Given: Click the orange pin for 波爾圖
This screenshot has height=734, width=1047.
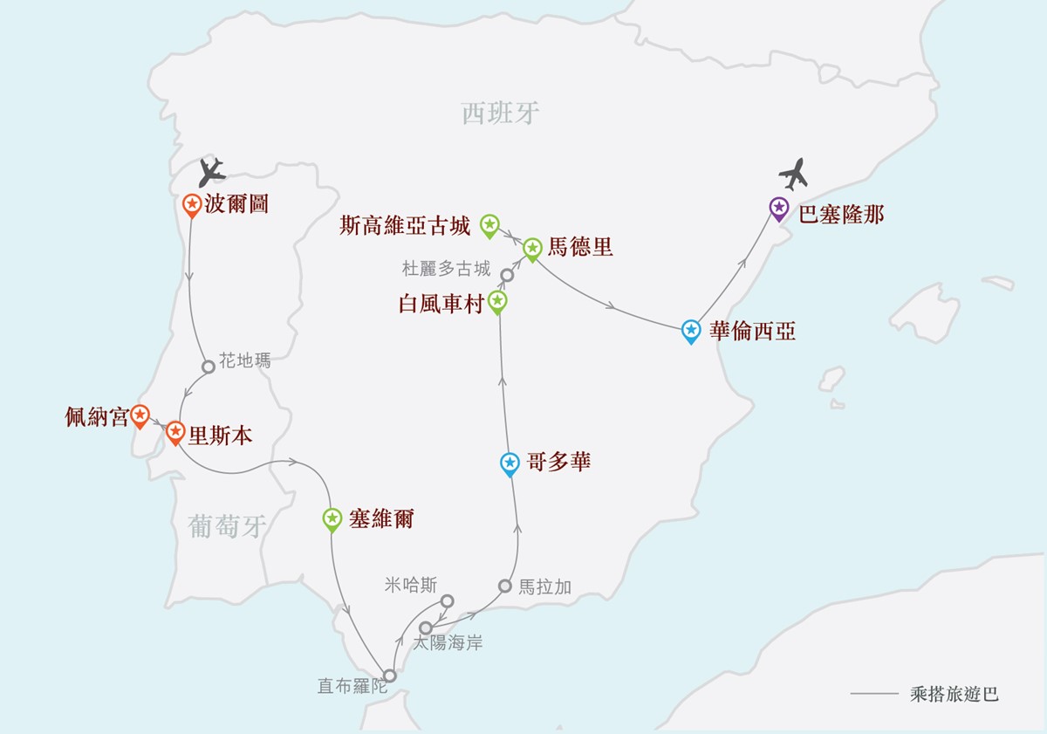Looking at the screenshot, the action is pyautogui.click(x=192, y=205).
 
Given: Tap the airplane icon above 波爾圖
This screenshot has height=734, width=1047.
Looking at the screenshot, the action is pyautogui.click(x=212, y=173).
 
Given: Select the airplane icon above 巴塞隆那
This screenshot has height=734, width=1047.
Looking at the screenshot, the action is pyautogui.click(x=794, y=174).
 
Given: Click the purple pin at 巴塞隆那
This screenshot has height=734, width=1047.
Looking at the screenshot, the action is pyautogui.click(x=779, y=209).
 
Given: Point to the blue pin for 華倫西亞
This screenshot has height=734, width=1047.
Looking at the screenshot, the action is pyautogui.click(x=691, y=332).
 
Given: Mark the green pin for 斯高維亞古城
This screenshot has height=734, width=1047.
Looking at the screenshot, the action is pyautogui.click(x=489, y=226).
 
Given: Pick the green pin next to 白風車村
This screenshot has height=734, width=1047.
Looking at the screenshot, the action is pyautogui.click(x=497, y=302).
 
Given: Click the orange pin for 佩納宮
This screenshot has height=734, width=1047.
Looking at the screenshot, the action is pyautogui.click(x=140, y=416).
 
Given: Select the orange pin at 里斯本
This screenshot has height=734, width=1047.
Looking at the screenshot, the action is pyautogui.click(x=175, y=432).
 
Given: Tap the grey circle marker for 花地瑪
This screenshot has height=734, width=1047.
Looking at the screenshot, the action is pyautogui.click(x=209, y=367).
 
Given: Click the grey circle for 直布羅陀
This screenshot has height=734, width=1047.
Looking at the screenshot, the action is pyautogui.click(x=390, y=676).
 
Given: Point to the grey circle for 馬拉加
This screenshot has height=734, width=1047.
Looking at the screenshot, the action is pyautogui.click(x=505, y=586).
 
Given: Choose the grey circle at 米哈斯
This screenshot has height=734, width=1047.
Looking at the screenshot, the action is pyautogui.click(x=448, y=601).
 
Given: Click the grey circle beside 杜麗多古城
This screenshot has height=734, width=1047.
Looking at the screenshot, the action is pyautogui.click(x=507, y=276).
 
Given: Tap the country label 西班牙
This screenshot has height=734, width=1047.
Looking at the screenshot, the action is pyautogui.click(x=500, y=113).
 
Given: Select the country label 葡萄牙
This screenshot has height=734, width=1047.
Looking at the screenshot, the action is pyautogui.click(x=227, y=526).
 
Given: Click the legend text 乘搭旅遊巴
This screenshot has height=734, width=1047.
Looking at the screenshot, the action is pyautogui.click(x=954, y=694).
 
